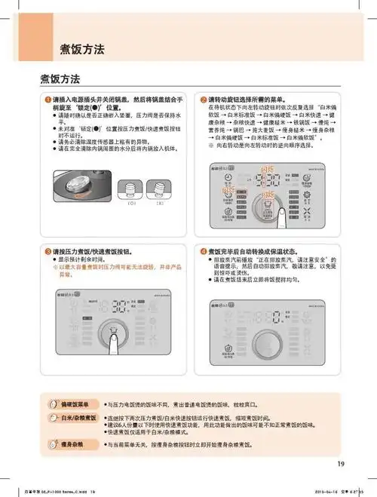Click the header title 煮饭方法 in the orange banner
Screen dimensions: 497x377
tap(82, 50)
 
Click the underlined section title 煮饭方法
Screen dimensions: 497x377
tap(60, 78)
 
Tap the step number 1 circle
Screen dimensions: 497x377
tap(47, 100)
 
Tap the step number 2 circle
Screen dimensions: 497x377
tap(203, 100)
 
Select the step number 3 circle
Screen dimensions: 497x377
tap(47, 250)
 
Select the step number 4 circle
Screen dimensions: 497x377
tap(203, 250)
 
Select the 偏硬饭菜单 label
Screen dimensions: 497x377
tap(75, 405)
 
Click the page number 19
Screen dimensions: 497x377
tap(341, 464)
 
